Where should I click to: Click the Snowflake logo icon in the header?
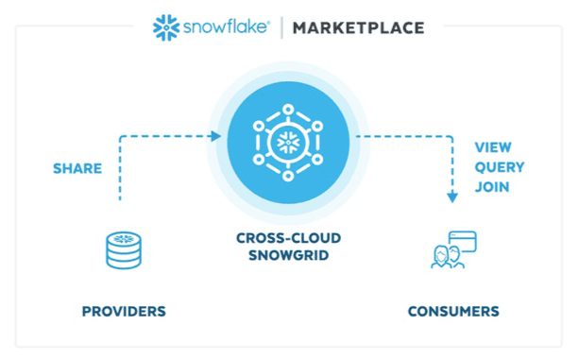(x=166, y=26)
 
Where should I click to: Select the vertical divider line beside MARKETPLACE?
(x=281, y=27)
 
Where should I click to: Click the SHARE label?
(x=77, y=169)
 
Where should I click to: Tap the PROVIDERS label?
(x=124, y=311)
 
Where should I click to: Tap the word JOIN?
(x=492, y=186)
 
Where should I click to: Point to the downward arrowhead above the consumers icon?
(x=452, y=197)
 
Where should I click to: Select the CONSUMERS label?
(x=453, y=311)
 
